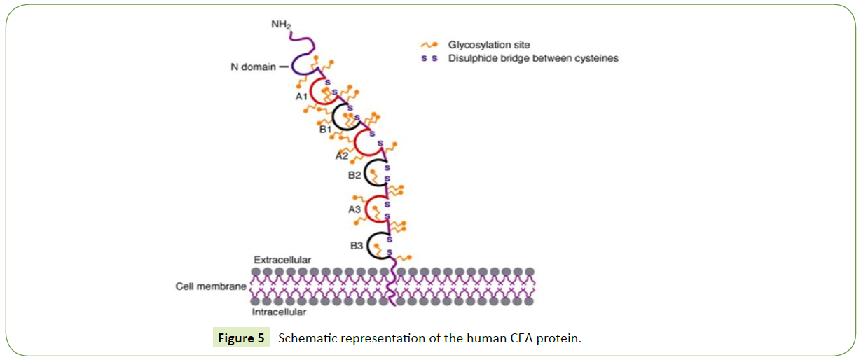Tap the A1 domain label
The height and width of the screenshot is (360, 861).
(x=302, y=96)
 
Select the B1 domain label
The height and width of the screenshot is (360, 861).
(x=326, y=129)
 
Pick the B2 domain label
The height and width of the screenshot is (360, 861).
(x=356, y=175)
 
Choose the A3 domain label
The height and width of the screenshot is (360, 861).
(x=357, y=208)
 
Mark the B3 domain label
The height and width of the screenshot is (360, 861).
(x=357, y=246)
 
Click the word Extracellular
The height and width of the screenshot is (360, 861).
(x=282, y=260)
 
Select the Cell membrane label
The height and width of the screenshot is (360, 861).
(x=210, y=286)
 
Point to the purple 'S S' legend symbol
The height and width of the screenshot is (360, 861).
(x=429, y=59)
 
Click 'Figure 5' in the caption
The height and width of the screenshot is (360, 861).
(x=241, y=338)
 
